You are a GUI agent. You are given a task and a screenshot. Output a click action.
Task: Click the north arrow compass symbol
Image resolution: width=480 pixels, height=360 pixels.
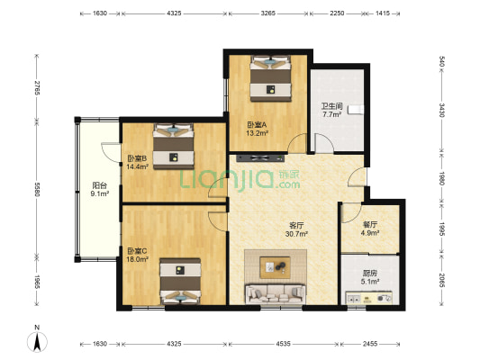point(37,342)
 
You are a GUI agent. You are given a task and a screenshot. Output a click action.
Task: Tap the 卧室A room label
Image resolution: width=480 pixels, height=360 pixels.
point(258,125)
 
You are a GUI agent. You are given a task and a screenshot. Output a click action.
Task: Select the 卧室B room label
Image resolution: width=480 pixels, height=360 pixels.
point(137,158)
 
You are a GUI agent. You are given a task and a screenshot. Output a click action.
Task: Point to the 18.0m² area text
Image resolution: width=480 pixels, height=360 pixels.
point(138,259)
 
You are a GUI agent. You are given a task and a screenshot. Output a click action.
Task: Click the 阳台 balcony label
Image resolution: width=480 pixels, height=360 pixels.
point(100,185)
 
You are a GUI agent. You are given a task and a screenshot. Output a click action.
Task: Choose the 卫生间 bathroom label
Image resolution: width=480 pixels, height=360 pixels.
point(331,106)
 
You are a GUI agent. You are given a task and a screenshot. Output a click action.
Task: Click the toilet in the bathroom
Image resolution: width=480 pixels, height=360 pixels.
point(357,110)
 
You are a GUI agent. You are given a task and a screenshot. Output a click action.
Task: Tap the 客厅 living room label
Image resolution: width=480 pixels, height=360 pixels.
point(296,226)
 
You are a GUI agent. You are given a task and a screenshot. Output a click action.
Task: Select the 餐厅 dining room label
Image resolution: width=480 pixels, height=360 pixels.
point(370,224)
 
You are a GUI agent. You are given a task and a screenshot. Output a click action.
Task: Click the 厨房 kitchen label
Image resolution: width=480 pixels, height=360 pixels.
point(370,273)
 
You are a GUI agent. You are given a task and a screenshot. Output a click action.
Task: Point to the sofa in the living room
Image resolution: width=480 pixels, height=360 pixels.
point(276,293)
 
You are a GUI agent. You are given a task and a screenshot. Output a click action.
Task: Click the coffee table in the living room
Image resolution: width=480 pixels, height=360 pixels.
point(275,267)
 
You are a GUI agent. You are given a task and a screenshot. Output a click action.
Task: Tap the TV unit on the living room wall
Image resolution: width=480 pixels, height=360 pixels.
point(260,158)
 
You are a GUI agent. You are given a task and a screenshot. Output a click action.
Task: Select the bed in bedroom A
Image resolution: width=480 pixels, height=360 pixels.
point(270,78)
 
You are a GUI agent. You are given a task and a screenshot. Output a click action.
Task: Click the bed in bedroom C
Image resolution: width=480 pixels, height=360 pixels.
point(180,282)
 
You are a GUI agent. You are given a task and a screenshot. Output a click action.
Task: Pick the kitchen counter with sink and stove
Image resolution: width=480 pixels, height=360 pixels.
point(369,298)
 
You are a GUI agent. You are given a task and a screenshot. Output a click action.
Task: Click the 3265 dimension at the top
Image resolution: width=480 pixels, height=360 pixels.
point(267,13)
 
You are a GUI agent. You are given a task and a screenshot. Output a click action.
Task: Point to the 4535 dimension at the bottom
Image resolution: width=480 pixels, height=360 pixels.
point(283,344)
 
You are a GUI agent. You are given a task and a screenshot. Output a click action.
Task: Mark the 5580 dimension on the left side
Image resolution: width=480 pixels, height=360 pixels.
point(37,189)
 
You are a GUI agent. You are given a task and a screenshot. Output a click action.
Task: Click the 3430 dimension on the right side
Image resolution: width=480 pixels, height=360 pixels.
point(442,110)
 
